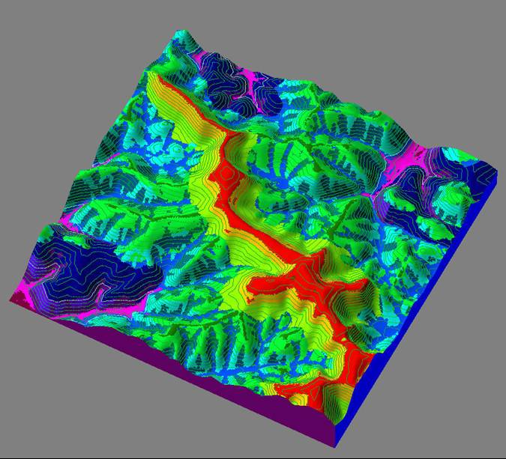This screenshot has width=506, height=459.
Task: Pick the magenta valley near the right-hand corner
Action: (420, 161)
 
